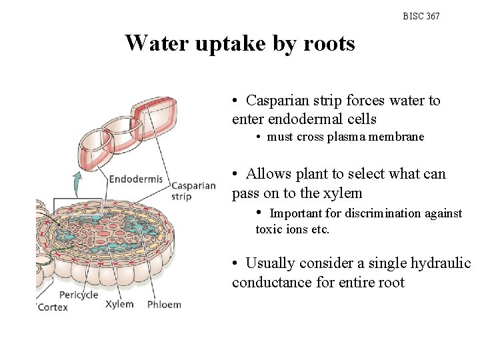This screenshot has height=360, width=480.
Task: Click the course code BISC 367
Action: coord(421,16)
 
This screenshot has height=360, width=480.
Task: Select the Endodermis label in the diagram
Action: coord(135,179)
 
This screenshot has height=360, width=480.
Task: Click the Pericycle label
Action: coord(78,295)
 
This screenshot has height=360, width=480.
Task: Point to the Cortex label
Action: coord(53,307)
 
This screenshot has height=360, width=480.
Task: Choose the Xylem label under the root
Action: coord(119,304)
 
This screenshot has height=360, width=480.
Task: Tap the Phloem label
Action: coord(163,304)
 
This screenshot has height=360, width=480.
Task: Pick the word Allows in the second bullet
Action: coord(268,174)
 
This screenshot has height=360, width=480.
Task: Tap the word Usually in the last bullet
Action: coord(270,263)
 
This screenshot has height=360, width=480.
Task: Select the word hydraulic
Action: coord(441,263)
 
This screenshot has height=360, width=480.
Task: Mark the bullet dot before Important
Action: coord(260,213)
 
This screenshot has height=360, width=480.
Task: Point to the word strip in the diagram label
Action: coord(181,197)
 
